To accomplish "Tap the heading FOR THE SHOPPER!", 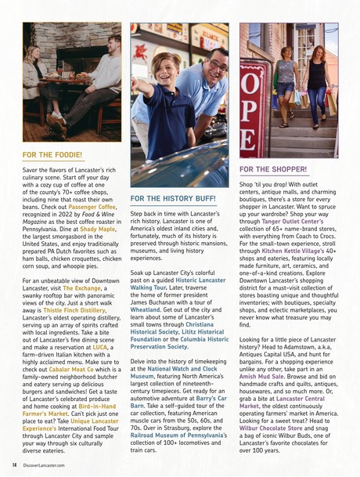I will pos(272,169).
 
